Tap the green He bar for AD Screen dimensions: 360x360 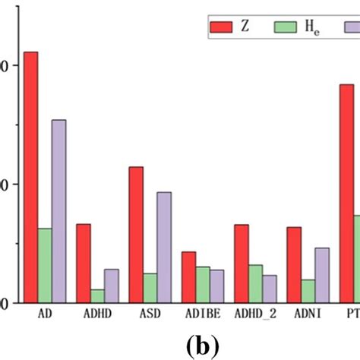click(45, 265)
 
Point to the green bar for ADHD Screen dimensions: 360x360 click(97, 295)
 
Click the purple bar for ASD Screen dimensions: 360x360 click(164, 247)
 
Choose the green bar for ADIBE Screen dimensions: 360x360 click(203, 284)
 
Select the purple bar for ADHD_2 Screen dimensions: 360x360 click(270, 289)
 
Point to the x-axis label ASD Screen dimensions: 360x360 click(150, 313)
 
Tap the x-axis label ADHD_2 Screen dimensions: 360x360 click(256, 313)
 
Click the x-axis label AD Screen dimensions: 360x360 click(45, 313)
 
